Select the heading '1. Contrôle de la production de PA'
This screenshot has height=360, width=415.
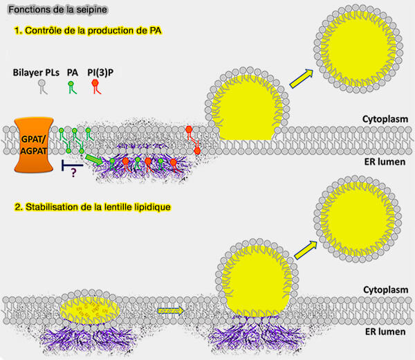86,31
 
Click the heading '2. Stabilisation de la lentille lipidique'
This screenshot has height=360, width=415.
97,207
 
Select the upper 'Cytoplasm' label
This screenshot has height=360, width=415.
382,118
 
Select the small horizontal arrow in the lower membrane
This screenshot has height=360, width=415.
169,311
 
